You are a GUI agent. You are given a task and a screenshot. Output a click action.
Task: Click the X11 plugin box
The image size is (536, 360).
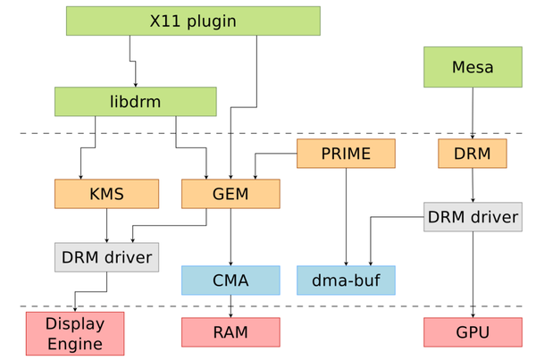(193, 21)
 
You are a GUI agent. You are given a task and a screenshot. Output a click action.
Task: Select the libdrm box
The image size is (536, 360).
(135, 102)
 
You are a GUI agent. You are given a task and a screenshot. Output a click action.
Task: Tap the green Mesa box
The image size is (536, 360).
(473, 67)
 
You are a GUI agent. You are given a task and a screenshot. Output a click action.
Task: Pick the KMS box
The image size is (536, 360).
(106, 194)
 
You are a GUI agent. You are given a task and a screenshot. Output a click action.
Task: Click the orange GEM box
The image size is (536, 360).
(230, 194)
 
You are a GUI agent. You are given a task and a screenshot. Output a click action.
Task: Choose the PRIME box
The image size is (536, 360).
(346, 154)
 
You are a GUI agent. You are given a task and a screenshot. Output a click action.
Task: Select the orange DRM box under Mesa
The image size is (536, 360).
(472, 154)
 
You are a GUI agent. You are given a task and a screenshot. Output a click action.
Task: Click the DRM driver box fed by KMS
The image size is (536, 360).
(106, 257)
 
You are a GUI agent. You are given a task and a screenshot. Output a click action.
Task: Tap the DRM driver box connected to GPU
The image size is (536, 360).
(473, 217)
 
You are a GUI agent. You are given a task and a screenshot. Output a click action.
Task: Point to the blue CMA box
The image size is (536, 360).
(230, 280)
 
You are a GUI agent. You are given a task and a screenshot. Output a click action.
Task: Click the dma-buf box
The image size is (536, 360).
(346, 280)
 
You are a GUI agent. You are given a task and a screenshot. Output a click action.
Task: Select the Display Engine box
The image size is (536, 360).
(75, 333)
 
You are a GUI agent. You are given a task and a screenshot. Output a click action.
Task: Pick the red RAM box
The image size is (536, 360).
(230, 332)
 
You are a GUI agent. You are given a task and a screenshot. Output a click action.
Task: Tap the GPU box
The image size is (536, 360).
(473, 332)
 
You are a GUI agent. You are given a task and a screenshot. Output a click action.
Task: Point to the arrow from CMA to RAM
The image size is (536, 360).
(231, 306)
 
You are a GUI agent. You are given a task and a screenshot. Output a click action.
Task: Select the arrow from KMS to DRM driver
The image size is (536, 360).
(107, 225)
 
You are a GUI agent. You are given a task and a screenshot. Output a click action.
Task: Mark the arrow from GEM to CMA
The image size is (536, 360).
(231, 237)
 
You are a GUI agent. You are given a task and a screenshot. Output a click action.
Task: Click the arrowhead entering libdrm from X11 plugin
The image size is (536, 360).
(135, 83)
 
